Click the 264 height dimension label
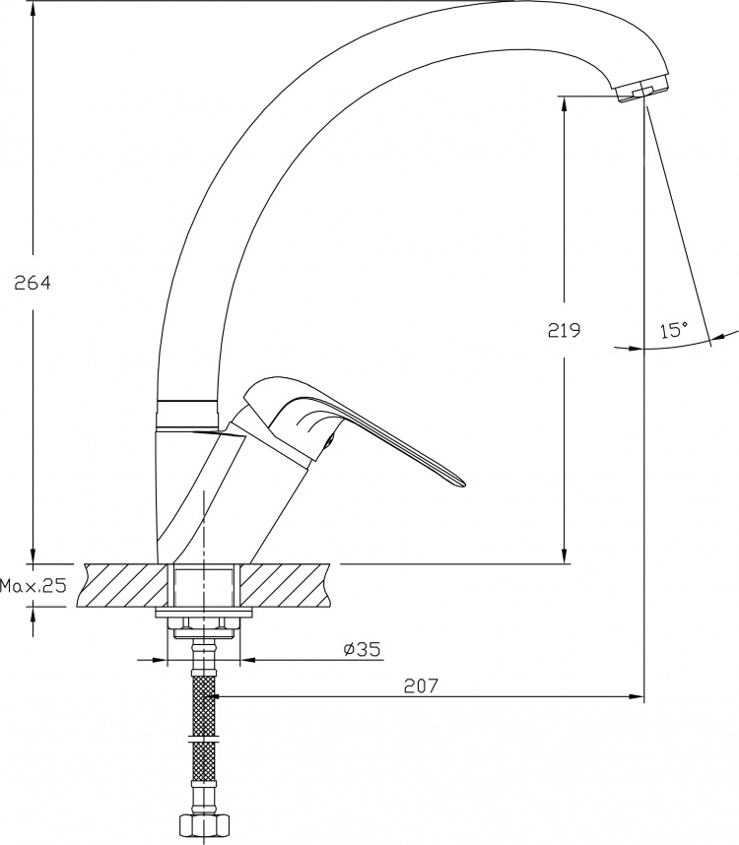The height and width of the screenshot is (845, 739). tap(33, 283)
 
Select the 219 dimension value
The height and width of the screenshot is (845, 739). tap(565, 330)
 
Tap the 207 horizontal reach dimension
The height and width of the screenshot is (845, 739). tap(422, 685)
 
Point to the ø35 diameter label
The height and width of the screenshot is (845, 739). tap(362, 649)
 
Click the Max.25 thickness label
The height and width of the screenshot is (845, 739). tap(33, 585)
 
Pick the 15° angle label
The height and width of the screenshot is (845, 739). tap(674, 329)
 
